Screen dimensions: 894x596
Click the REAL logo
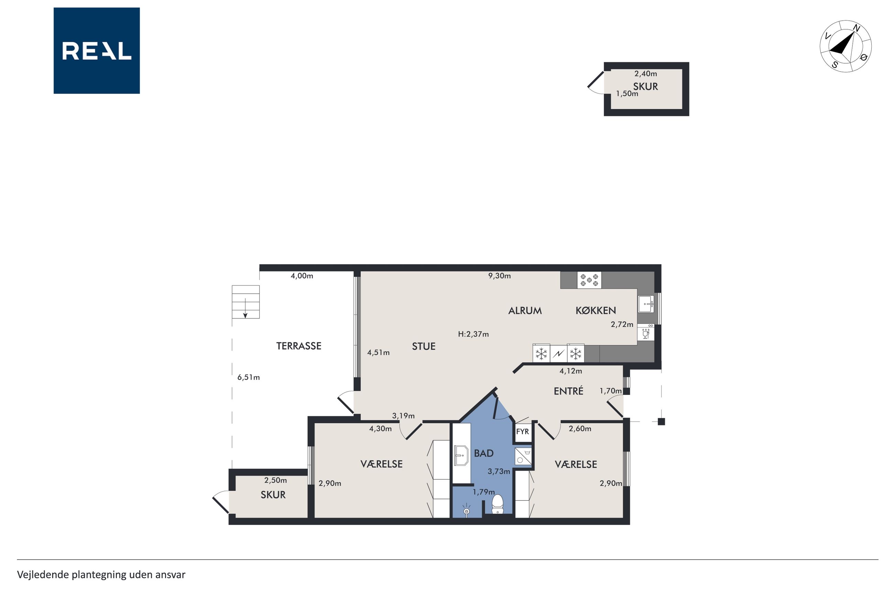click(97, 51)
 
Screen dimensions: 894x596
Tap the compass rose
click(846, 46)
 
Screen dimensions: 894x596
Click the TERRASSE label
click(299, 346)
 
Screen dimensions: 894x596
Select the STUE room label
click(424, 346)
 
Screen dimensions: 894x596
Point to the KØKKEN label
click(595, 311)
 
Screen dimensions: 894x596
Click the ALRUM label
click(525, 311)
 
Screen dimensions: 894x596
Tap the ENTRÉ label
click(568, 391)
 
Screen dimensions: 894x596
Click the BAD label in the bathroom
click(484, 453)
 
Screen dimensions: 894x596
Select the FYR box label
click(522, 431)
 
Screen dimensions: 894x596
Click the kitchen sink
click(646, 304)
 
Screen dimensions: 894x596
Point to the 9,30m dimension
click(499, 276)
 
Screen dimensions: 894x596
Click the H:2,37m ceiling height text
click(473, 334)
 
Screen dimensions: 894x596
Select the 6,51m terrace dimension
click(249, 377)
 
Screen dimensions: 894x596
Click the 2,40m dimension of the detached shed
click(645, 74)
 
